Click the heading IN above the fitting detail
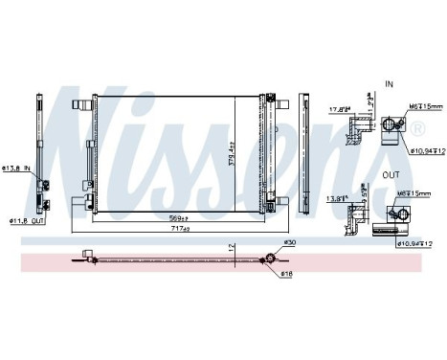[389, 84]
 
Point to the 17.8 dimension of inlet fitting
[340, 108]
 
